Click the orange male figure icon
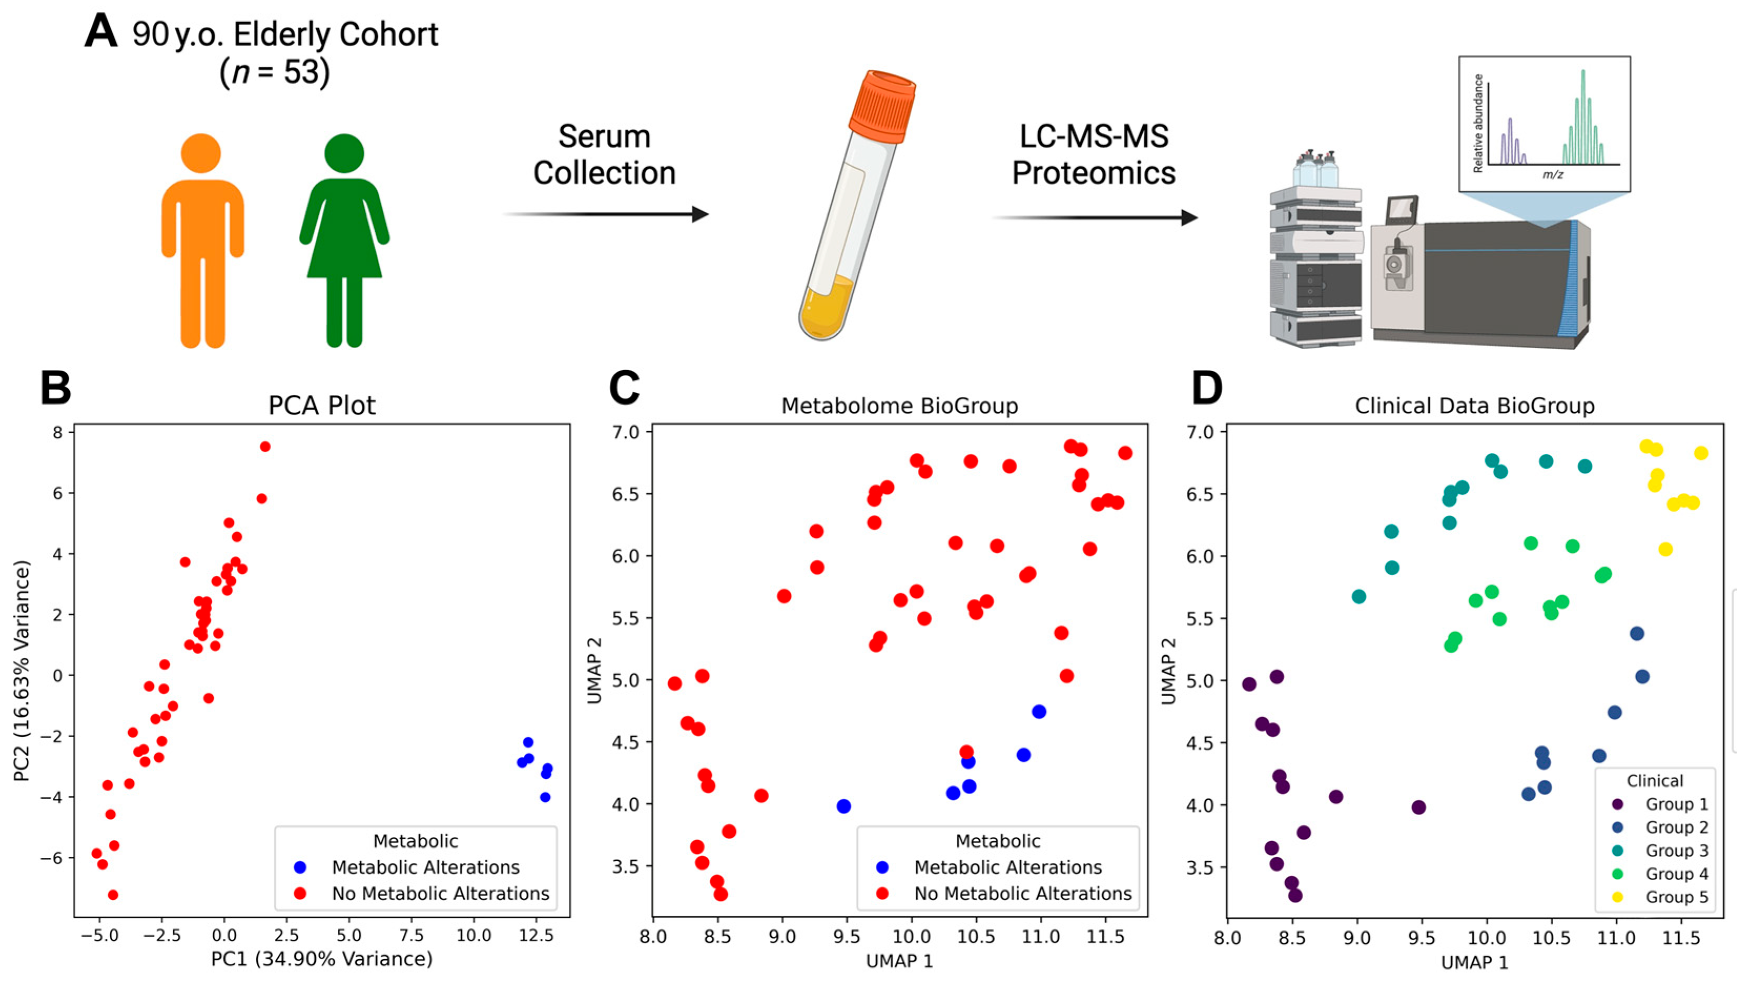click(202, 243)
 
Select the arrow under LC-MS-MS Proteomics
click(1094, 218)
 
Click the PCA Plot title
click(322, 405)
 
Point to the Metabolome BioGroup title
click(899, 406)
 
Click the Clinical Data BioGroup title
click(1474, 406)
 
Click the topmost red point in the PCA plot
click(265, 446)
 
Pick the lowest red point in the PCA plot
click(113, 895)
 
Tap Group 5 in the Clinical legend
click(1676, 897)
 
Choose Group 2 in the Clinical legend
click(1676, 827)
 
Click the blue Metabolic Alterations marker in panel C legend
click(882, 867)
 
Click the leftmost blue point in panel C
click(843, 806)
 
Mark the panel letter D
click(1207, 388)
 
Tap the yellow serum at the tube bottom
click(824, 308)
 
